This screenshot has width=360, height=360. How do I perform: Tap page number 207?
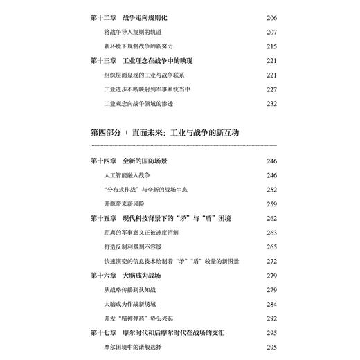click(272, 32)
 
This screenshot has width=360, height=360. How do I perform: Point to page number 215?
click(272, 46)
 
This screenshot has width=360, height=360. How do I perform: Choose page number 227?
click(272, 89)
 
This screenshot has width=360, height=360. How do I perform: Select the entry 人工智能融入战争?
click(130, 175)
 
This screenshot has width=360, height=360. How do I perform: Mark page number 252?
click(272, 190)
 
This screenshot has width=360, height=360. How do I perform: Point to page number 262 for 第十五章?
click(272, 219)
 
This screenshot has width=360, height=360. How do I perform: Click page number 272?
click(272, 262)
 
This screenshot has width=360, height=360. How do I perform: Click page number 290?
click(272, 319)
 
